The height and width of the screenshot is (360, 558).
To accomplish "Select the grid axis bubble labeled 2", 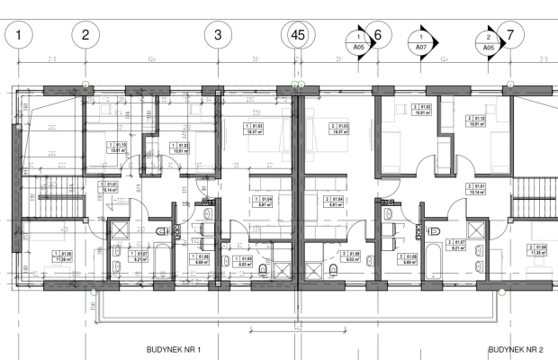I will tap(85, 36).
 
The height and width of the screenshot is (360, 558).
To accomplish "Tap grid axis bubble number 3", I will tap(218, 36).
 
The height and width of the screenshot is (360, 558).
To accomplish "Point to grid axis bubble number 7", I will tap(510, 36).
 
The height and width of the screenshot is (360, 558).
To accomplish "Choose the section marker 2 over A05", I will tap(488, 42).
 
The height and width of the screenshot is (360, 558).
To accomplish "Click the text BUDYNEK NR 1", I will tap(173, 349).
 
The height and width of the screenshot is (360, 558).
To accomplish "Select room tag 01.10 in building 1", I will tap(117, 148).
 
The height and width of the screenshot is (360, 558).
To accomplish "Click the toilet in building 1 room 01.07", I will tap(118, 266).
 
